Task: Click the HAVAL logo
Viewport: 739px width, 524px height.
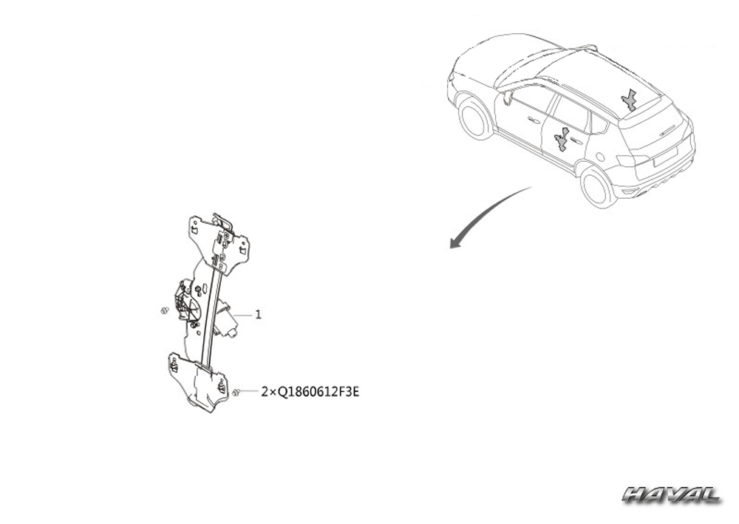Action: tap(671, 495)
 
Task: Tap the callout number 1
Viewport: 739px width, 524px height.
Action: tap(258, 314)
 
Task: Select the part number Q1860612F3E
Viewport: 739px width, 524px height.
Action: tap(318, 392)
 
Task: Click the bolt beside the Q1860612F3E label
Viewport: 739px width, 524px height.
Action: tap(237, 392)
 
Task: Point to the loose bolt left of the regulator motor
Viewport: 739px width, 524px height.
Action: tap(165, 310)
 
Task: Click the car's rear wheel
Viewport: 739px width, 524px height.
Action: tap(599, 188)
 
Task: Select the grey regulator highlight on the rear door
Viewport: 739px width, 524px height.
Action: tap(562, 140)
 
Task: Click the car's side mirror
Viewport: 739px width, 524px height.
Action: tap(508, 98)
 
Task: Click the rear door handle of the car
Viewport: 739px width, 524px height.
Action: tap(576, 141)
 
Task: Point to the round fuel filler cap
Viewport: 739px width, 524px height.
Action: tap(600, 155)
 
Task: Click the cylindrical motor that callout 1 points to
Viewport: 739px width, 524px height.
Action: tap(225, 321)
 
